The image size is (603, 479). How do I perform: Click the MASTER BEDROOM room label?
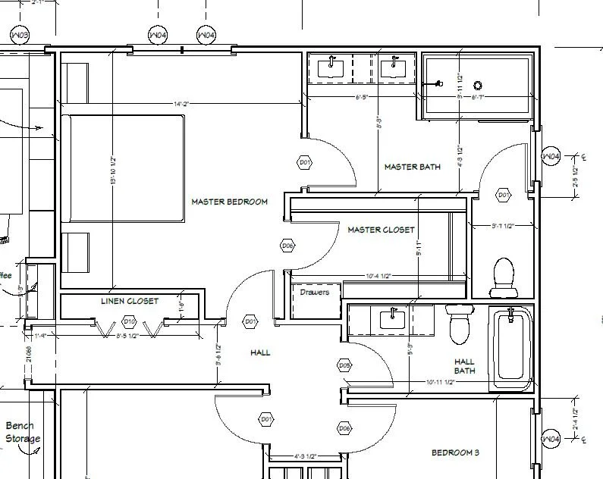point(229,202)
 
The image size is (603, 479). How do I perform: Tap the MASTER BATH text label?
point(412,167)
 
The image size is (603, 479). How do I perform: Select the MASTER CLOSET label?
point(381,230)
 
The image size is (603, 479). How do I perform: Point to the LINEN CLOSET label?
point(130,301)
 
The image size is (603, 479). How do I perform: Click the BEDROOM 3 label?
point(455,452)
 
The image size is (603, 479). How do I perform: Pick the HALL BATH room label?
point(465,366)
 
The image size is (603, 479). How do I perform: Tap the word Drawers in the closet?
point(315,292)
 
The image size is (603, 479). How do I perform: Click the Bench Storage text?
point(21,432)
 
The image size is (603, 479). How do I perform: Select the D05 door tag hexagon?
point(344,365)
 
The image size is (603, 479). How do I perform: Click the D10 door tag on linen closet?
point(129,322)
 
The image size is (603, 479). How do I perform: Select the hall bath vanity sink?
point(392,318)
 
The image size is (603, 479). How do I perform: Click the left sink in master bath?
point(332,67)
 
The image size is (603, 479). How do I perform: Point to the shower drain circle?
point(479,85)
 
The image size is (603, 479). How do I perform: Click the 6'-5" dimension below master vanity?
point(363,97)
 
